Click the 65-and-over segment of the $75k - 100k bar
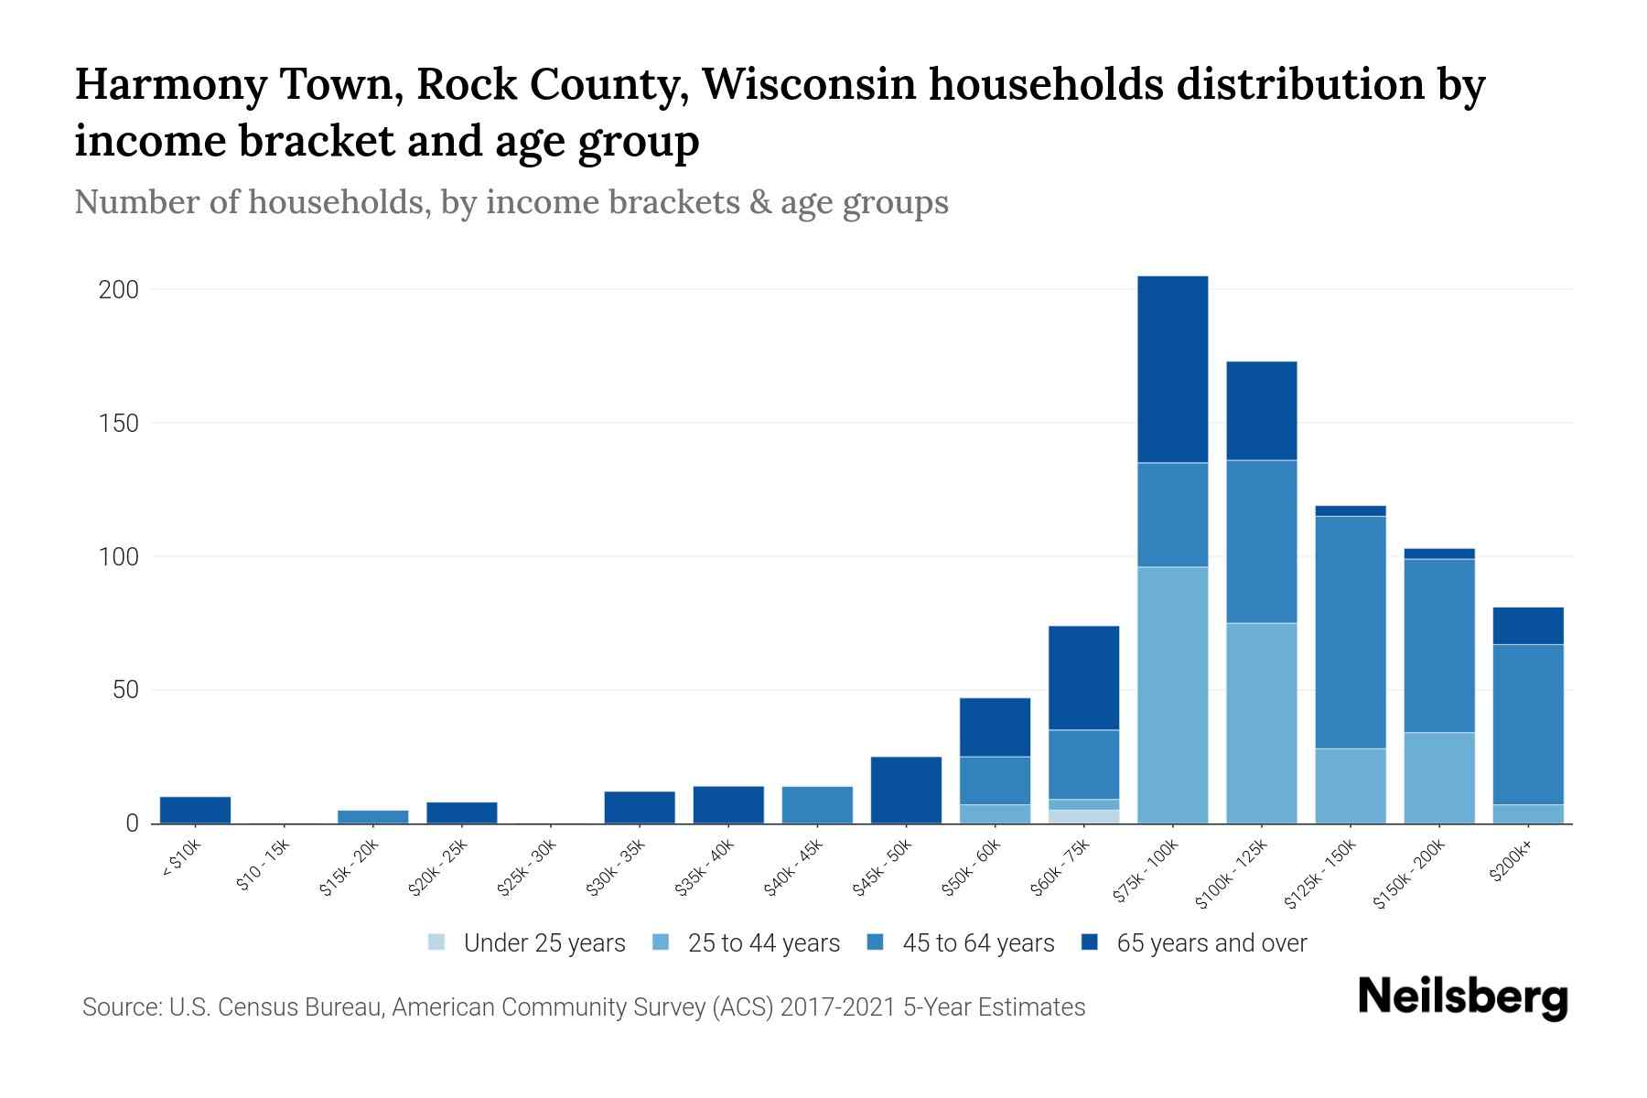[1172, 369]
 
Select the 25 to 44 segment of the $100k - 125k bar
[1261, 723]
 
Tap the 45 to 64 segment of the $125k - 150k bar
[1350, 631]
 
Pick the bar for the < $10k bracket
[195, 810]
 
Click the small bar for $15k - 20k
[372, 816]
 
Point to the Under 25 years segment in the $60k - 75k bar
[1083, 816]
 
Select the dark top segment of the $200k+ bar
[1528, 626]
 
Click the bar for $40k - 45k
[817, 805]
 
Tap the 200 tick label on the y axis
[118, 290]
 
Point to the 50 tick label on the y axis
[125, 690]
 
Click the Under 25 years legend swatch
[437, 942]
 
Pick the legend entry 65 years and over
[1211, 942]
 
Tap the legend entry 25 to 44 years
[763, 942]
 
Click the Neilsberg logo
[1462, 997]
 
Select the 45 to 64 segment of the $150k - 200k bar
[1438, 645]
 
